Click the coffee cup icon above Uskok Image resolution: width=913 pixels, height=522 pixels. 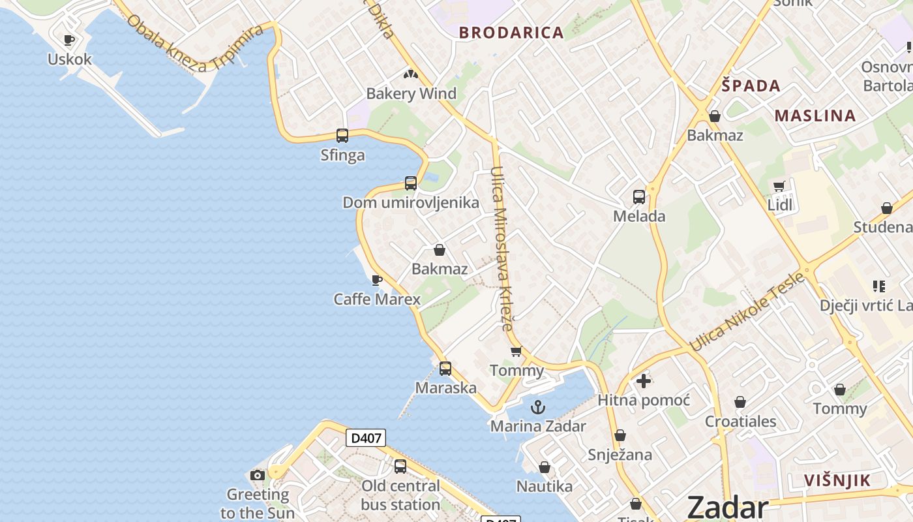click(69, 40)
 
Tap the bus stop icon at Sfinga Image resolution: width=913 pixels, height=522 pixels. click(342, 136)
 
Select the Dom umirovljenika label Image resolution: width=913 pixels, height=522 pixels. click(411, 202)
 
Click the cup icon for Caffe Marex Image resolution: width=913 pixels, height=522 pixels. click(376, 280)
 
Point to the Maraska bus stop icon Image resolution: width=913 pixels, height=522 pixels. click(445, 369)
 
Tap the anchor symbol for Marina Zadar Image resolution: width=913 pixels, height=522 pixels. click(538, 408)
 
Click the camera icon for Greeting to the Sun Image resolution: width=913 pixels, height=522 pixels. click(258, 475)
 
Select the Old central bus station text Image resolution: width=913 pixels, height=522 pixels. click(400, 495)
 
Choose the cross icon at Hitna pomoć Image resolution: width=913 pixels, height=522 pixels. click(644, 381)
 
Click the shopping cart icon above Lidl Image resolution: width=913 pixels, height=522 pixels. click(779, 187)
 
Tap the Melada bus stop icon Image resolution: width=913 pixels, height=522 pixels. click(639, 197)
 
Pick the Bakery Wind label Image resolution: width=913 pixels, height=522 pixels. click(411, 93)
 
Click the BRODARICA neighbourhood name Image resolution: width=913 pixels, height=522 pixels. click(511, 33)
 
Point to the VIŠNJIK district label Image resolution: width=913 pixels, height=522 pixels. click(837, 481)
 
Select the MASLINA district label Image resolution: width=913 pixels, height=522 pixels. click(815, 116)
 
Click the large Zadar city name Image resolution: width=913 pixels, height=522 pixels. click(728, 507)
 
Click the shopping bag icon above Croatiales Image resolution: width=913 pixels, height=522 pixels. click(740, 402)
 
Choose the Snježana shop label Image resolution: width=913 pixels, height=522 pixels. click(620, 455)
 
